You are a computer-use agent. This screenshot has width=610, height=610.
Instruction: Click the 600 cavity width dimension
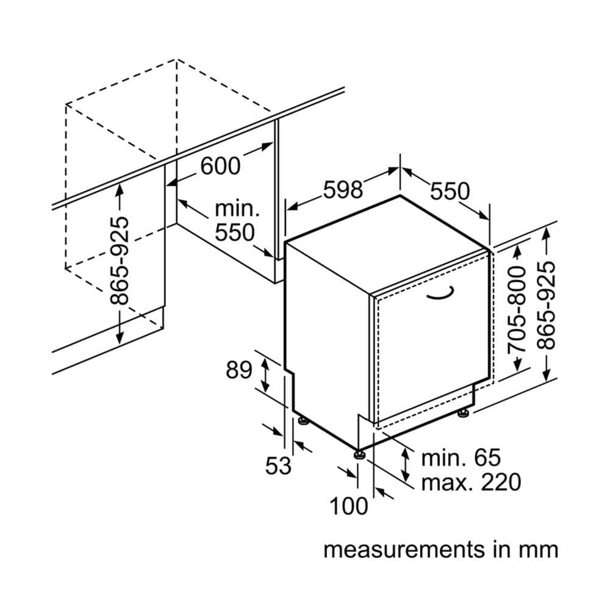tap(221, 165)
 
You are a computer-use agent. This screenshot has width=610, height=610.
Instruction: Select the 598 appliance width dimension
tap(343, 190)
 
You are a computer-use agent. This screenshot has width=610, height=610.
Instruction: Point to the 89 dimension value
tap(239, 370)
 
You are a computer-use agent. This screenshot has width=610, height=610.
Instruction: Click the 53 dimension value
tap(278, 466)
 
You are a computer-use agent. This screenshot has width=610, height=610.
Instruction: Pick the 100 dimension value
tap(350, 506)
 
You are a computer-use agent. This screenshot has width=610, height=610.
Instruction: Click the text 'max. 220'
tap(471, 483)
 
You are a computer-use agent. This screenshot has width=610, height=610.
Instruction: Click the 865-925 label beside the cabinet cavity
tap(120, 261)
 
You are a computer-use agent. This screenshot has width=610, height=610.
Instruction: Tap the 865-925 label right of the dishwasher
tap(547, 305)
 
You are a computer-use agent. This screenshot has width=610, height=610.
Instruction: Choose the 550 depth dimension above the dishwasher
tap(450, 191)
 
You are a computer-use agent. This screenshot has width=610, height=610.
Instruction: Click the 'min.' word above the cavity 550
tap(237, 209)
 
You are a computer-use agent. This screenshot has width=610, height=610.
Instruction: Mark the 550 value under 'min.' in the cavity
tap(234, 232)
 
